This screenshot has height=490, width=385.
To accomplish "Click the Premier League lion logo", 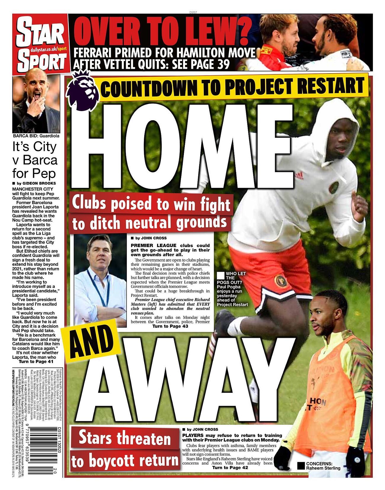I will point(83,90).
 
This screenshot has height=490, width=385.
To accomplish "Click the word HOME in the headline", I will point(184,145).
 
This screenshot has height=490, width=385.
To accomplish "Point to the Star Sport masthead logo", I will point(41,43).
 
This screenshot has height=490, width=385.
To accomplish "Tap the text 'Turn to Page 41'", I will point(36,361).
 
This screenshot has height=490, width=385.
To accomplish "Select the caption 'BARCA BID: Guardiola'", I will point(36,136).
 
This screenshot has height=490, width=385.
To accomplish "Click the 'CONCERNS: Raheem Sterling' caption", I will point(323,466).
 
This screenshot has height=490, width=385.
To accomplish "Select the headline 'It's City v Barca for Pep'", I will point(35,160).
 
